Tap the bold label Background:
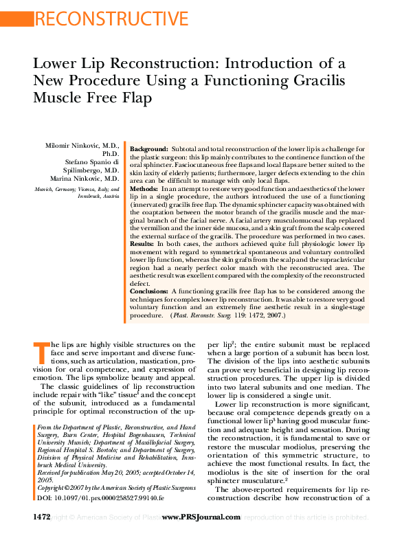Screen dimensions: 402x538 [149, 149]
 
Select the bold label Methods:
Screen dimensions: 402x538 [144, 188]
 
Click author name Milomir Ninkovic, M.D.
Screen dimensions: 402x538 [83, 147]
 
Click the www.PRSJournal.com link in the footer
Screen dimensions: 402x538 [200, 517]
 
